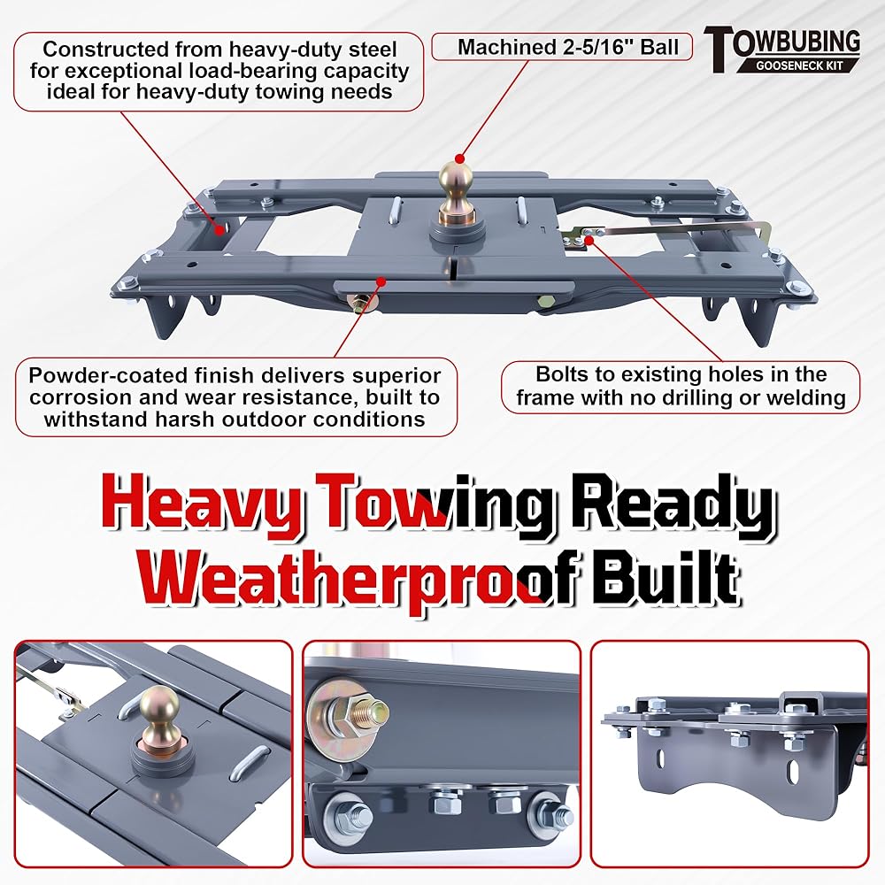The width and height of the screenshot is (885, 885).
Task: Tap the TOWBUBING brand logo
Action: point(782,50)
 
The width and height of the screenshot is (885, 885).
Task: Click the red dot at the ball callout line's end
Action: point(459,158)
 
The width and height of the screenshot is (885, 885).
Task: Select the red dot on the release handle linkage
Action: point(589,241)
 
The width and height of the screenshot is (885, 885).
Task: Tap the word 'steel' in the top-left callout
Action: point(370,49)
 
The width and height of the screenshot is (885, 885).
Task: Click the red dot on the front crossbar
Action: point(381,280)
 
